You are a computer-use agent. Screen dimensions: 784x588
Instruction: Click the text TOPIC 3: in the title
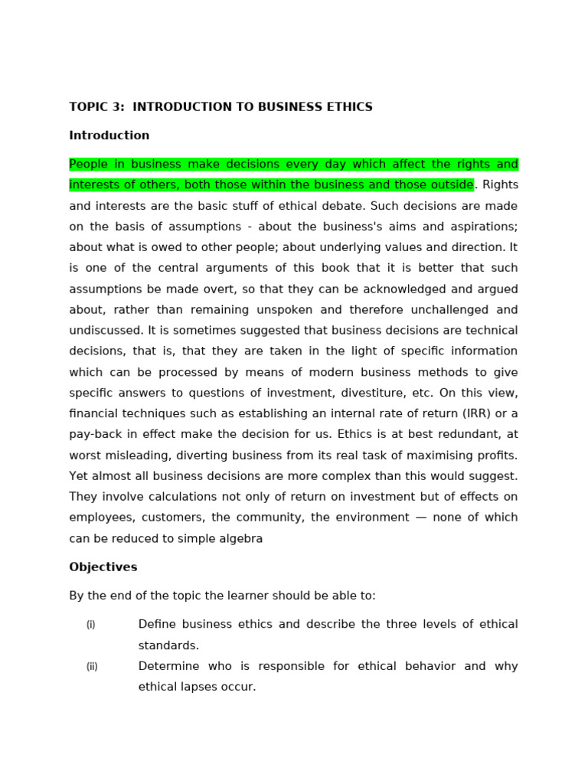click(96, 107)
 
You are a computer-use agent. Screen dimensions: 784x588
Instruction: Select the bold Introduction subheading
click(109, 136)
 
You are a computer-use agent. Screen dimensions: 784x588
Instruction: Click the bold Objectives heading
click(103, 567)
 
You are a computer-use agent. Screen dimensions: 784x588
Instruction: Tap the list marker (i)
click(91, 625)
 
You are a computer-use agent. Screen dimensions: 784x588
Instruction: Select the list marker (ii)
click(92, 667)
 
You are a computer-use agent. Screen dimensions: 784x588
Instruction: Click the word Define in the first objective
click(156, 625)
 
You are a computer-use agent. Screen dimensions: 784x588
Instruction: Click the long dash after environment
click(421, 518)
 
